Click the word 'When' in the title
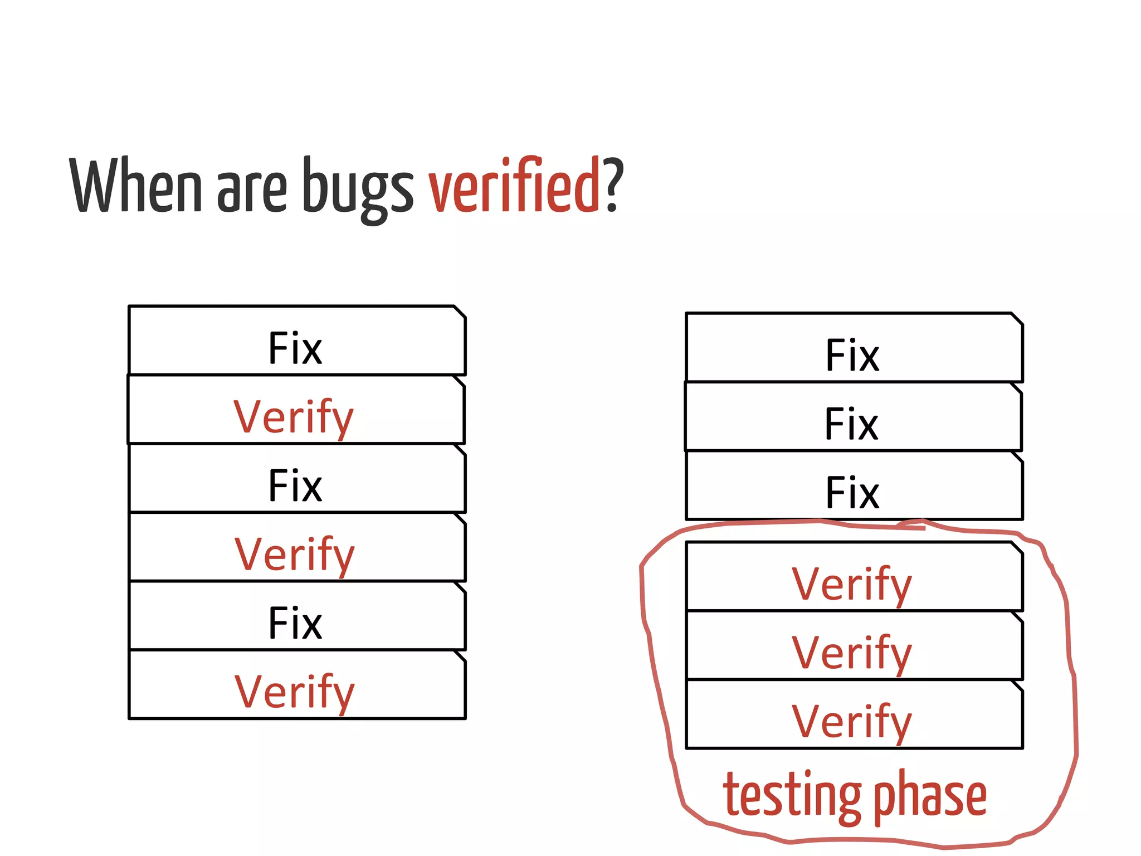click(x=135, y=186)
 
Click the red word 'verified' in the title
click(x=513, y=186)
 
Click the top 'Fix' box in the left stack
click(x=296, y=341)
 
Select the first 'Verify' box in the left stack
click(x=295, y=411)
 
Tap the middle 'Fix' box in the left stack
click(x=296, y=479)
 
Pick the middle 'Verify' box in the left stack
click(x=296, y=548)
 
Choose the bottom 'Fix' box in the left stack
click(x=296, y=616)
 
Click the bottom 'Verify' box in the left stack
click(x=296, y=685)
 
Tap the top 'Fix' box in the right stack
click(x=854, y=348)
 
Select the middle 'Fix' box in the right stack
click(x=852, y=417)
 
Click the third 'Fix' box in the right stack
click(x=854, y=486)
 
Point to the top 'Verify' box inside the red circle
click(x=854, y=577)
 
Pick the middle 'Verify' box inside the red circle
click(x=854, y=646)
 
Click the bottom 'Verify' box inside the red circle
click(x=854, y=715)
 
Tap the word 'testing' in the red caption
click(x=792, y=796)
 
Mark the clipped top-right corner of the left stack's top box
click(x=460, y=312)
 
